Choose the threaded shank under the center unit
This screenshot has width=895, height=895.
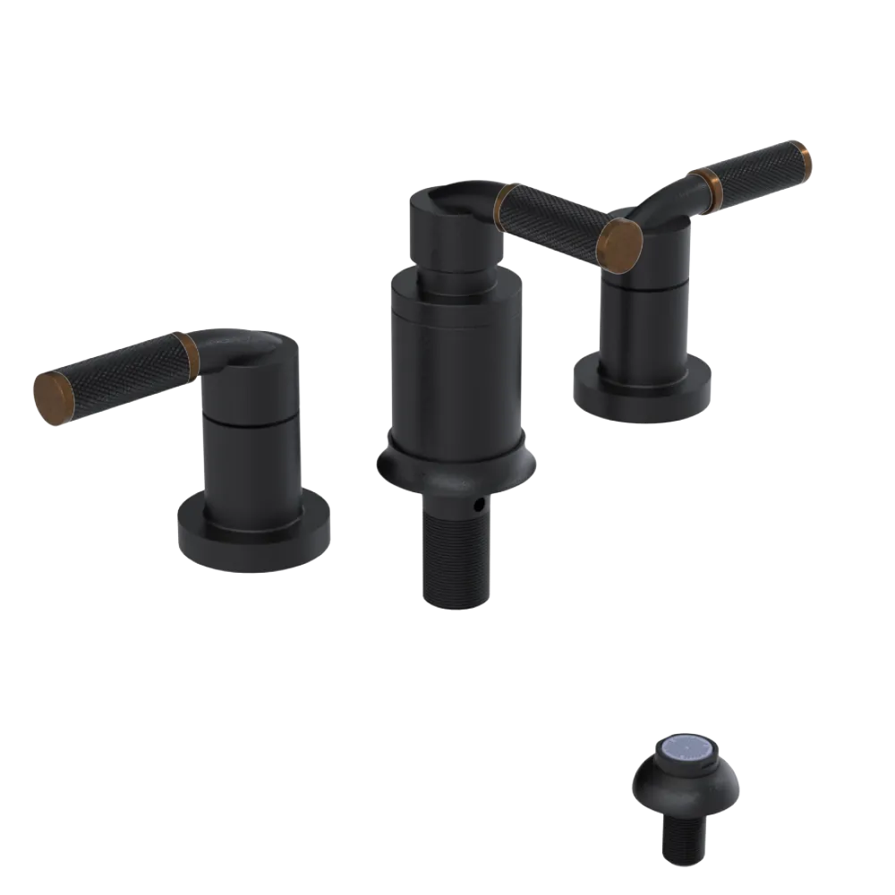pyautogui.click(x=456, y=555)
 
